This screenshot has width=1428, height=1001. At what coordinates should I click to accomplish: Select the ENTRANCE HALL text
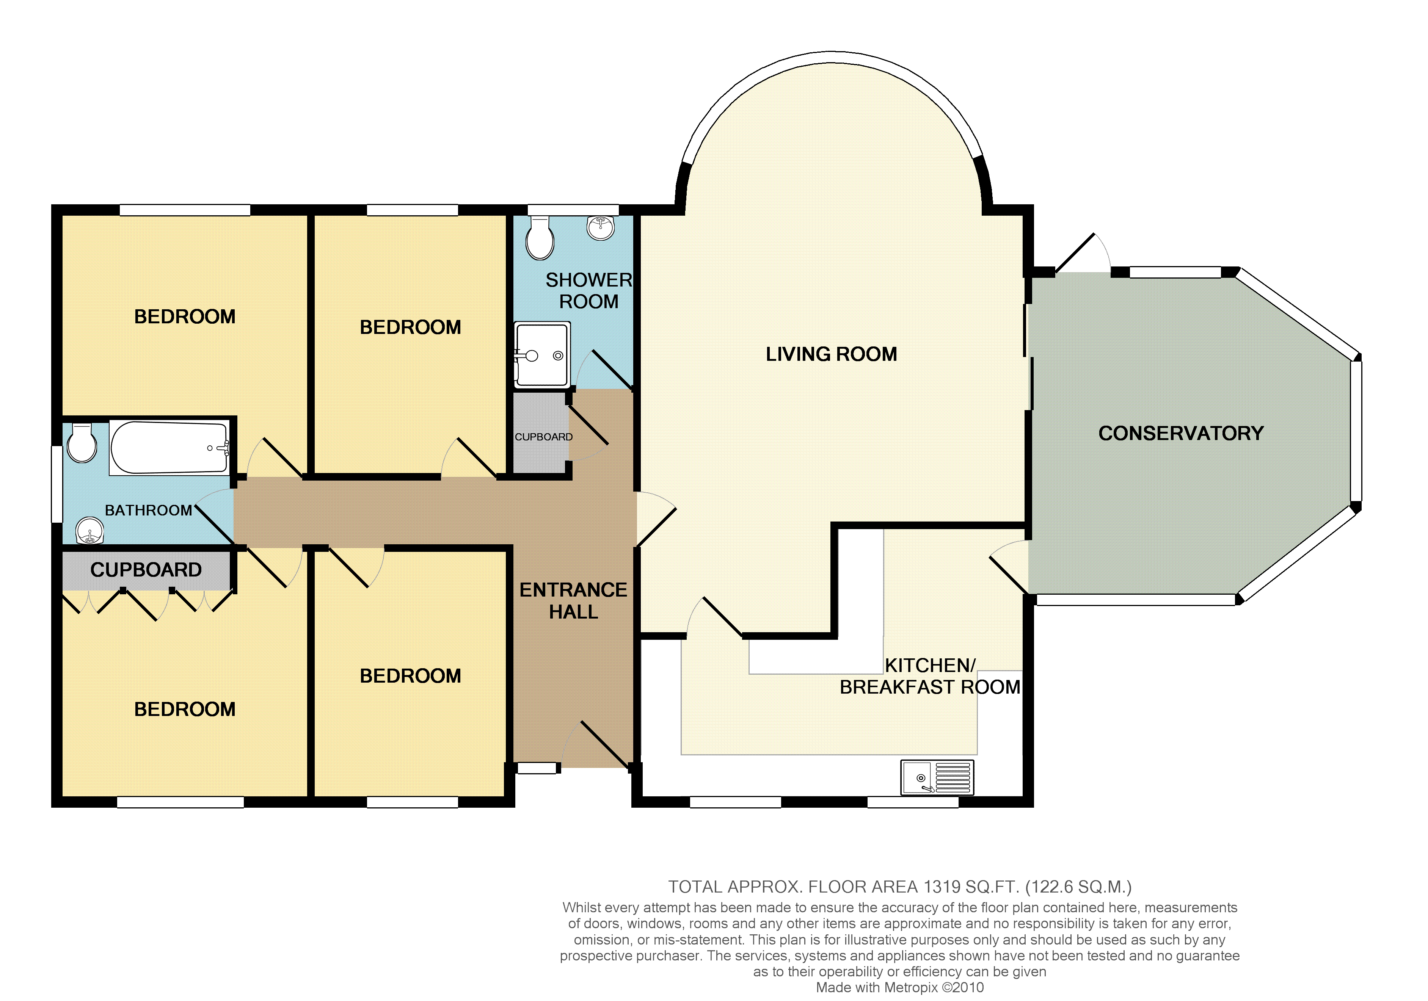click(573, 601)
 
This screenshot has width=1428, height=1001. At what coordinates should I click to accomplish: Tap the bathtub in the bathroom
click(169, 448)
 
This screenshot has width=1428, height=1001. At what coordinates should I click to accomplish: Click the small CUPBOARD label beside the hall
click(544, 437)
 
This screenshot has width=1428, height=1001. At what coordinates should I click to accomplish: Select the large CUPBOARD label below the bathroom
click(146, 570)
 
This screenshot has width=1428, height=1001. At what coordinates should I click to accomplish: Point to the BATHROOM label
click(149, 511)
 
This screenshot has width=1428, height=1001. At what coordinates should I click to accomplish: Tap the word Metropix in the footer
click(909, 987)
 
